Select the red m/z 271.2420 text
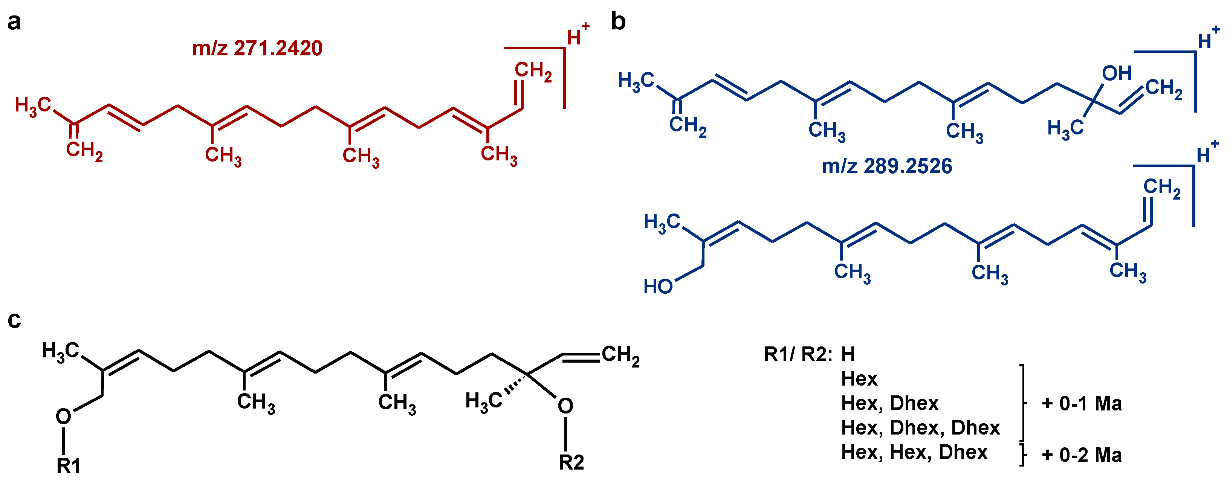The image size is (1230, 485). [257, 48]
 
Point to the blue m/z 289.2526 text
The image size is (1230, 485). [887, 166]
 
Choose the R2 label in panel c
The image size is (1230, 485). [571, 462]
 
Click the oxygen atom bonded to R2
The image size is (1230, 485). [565, 406]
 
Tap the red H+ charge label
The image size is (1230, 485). [577, 34]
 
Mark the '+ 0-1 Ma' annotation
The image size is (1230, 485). [1082, 404]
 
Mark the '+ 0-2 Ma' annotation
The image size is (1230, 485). [1082, 455]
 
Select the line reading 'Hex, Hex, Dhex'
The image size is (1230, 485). [914, 452]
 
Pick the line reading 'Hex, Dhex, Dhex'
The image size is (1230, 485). [920, 428]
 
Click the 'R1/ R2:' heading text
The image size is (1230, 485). [798, 354]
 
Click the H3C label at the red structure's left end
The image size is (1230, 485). [32, 105]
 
